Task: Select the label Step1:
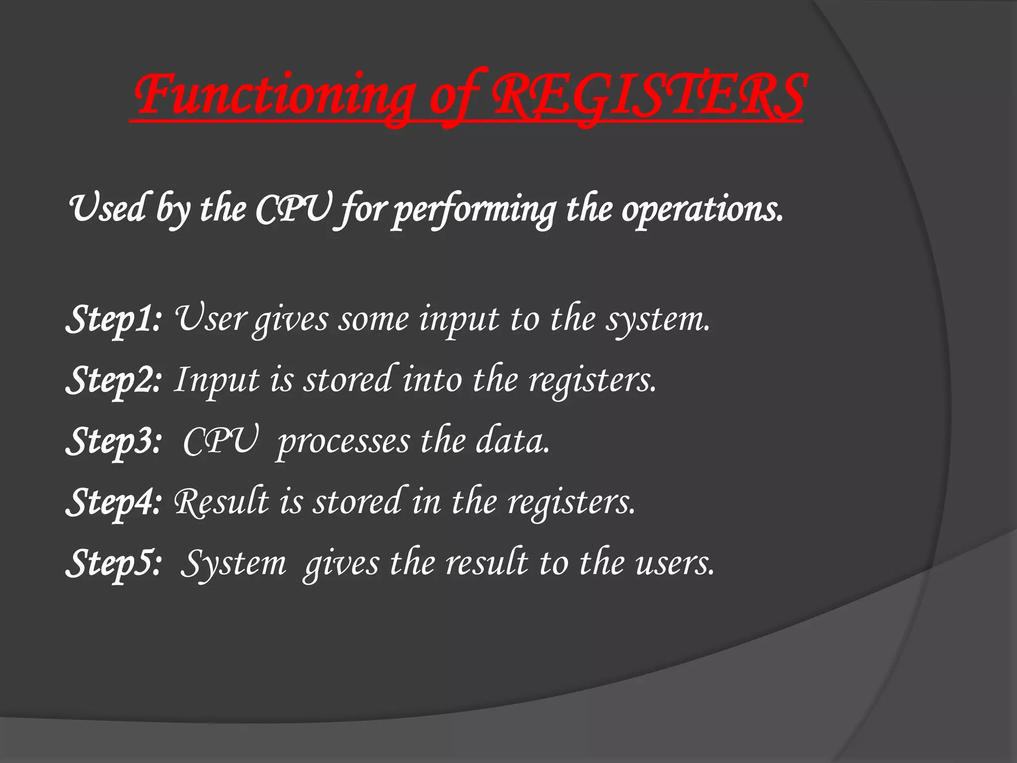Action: click(x=114, y=319)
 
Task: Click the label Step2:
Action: click(x=114, y=380)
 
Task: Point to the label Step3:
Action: click(x=114, y=441)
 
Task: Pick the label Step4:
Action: click(x=114, y=502)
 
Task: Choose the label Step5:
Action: click(x=114, y=563)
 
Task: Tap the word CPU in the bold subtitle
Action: click(x=293, y=209)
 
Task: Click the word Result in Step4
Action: click(x=221, y=502)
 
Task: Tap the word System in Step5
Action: click(x=233, y=564)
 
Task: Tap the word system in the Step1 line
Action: click(x=658, y=319)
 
